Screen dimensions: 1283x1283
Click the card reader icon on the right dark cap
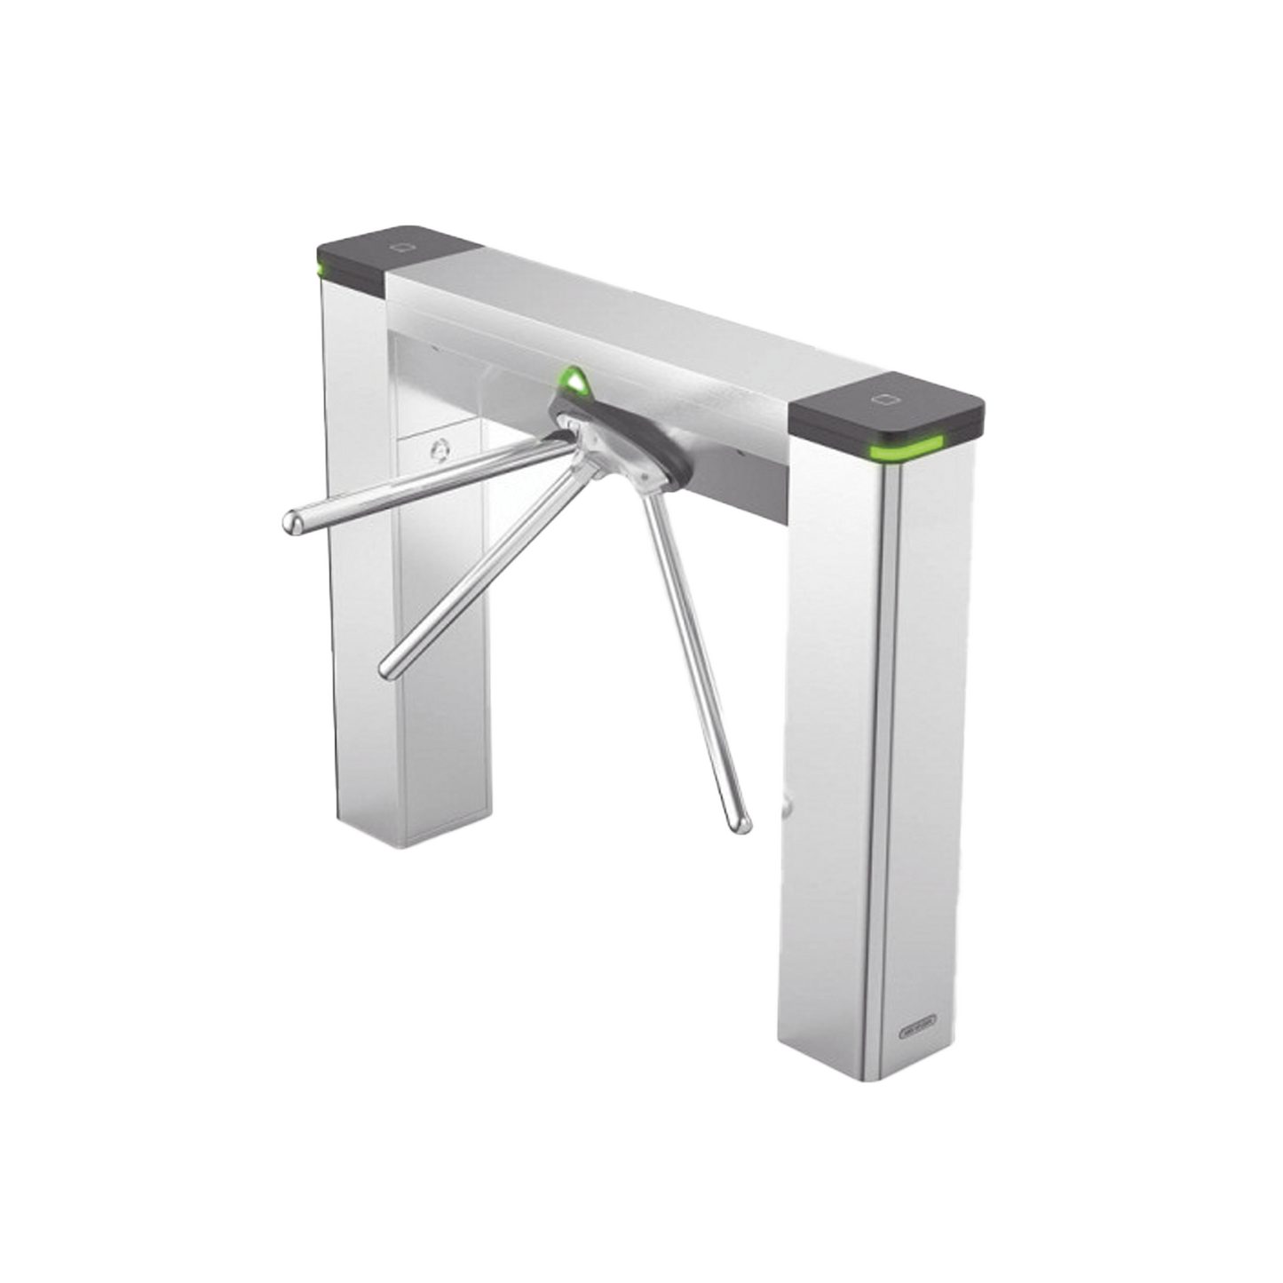click(884, 399)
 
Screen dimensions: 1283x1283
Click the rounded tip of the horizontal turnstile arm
click(289, 522)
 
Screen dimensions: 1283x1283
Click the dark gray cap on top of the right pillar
click(888, 408)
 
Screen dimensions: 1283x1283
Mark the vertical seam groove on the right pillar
click(883, 755)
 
